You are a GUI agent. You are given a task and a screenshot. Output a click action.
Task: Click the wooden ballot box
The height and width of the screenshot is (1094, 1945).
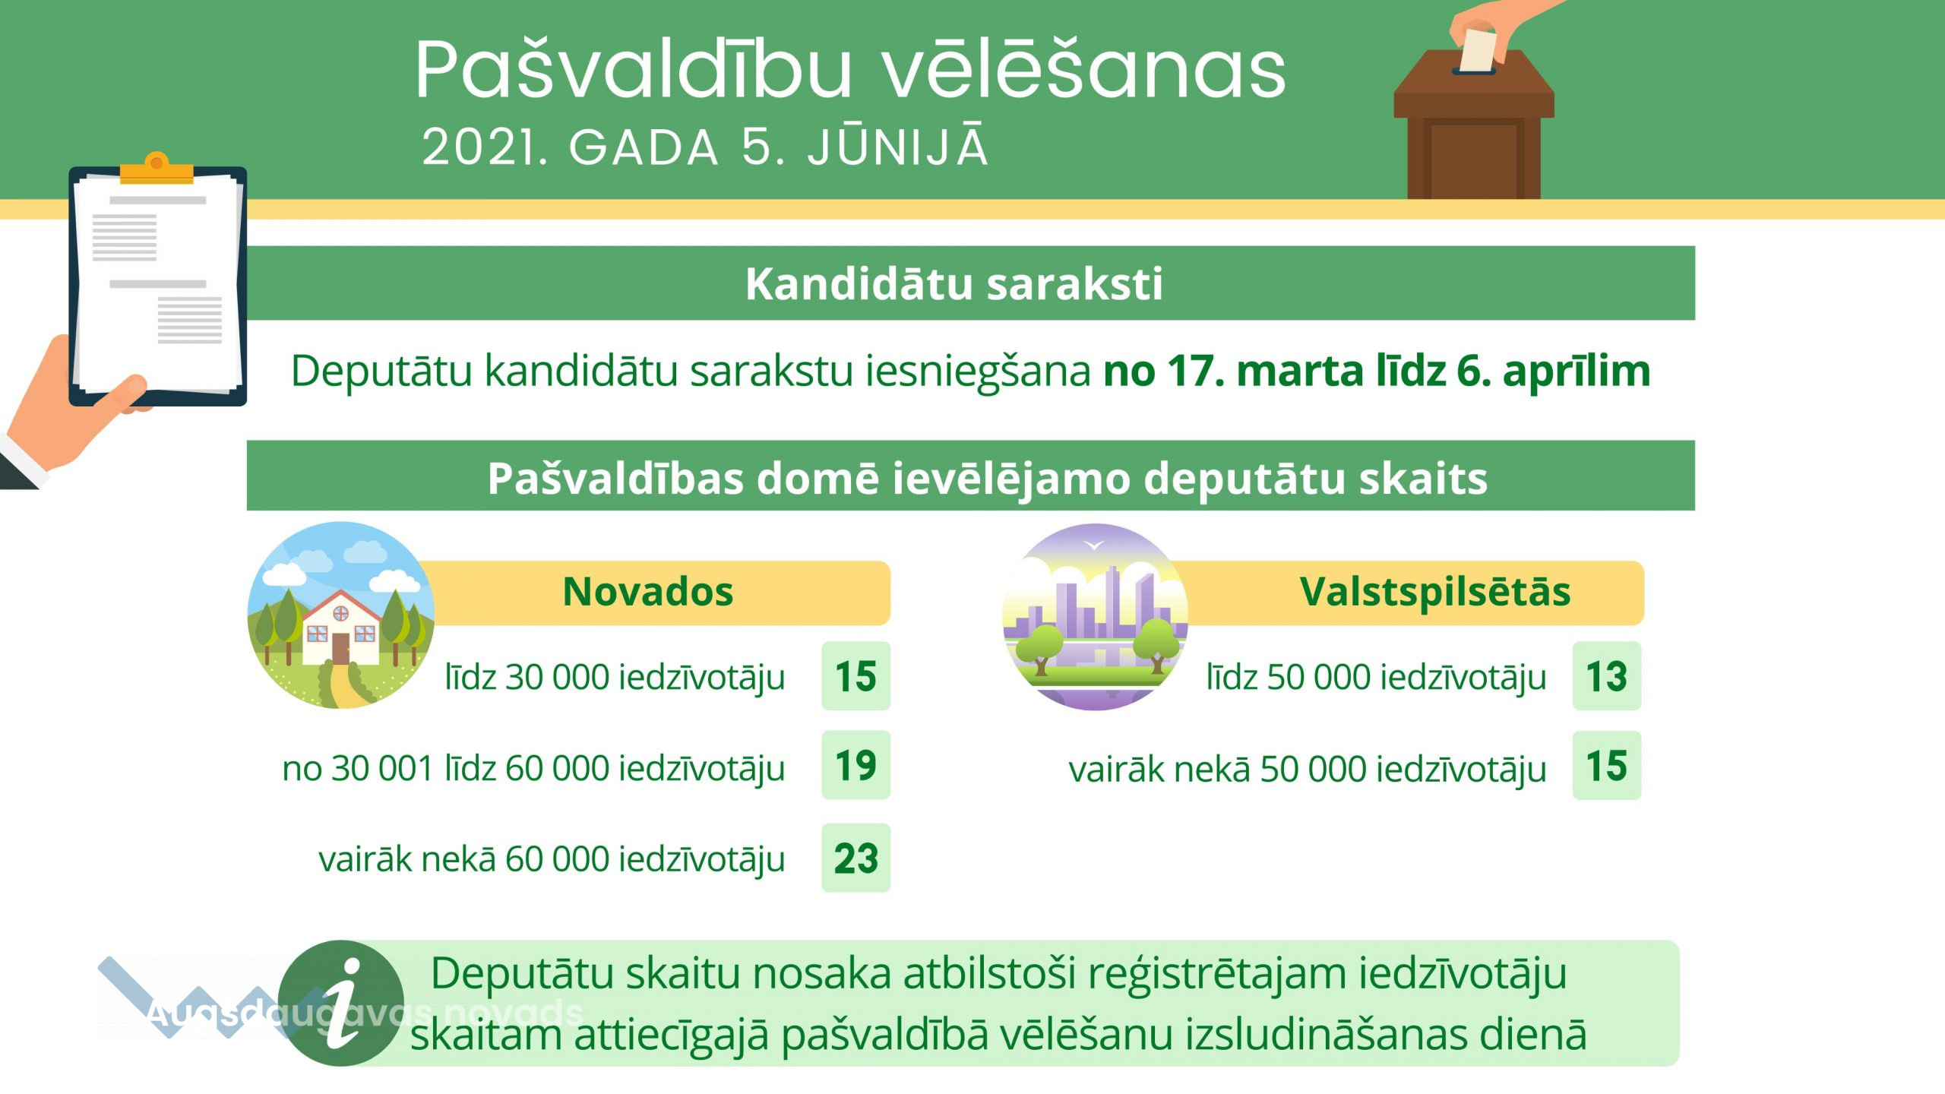pos(1474,125)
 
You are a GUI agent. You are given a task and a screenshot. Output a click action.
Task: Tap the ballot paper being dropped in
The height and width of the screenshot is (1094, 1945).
pos(1479,50)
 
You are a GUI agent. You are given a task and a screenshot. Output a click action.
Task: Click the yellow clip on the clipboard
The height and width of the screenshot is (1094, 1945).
pos(157,169)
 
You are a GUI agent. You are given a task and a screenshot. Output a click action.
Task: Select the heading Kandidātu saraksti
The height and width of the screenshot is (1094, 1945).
pos(954,284)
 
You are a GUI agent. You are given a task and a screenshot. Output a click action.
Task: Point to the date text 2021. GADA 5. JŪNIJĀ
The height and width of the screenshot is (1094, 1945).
pos(705,146)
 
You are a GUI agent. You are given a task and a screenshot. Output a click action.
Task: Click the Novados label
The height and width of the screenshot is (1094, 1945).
pos(648,592)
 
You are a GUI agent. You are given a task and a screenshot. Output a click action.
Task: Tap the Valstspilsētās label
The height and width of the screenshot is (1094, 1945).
pos(1435,592)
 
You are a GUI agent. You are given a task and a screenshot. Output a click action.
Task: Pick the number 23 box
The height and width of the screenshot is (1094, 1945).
pos(856,858)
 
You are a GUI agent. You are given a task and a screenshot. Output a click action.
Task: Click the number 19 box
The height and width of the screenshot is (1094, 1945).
pos(856,765)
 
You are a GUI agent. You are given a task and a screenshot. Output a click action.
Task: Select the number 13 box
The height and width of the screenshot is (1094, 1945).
pos(1607,676)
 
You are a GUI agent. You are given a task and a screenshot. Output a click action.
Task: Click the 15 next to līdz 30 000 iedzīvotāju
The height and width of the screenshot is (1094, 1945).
pos(856,676)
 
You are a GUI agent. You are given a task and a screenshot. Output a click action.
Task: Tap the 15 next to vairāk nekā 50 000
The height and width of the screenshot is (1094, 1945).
pos(1607,766)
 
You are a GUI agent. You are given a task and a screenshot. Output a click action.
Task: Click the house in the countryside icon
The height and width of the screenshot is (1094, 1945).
pos(341,615)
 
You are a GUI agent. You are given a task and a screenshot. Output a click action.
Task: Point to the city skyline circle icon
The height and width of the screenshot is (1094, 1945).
pos(1095,617)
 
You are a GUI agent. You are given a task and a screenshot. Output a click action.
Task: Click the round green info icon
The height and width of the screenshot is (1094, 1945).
pos(341,1003)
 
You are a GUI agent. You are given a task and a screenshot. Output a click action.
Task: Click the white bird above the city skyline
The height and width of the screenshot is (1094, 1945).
pos(1094,544)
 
